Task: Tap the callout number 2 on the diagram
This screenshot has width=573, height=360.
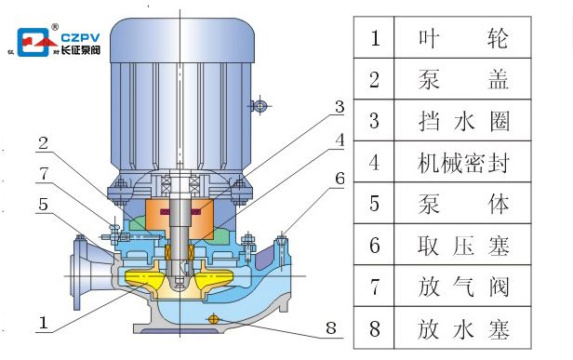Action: pos(43,143)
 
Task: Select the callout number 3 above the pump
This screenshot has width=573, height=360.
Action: pos(340,105)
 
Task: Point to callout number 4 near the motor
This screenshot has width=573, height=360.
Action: pos(340,140)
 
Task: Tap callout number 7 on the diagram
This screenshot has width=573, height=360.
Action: pos(43,174)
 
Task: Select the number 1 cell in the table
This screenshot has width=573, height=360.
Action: pos(376,38)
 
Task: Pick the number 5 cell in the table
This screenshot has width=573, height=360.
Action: pos(376,204)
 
